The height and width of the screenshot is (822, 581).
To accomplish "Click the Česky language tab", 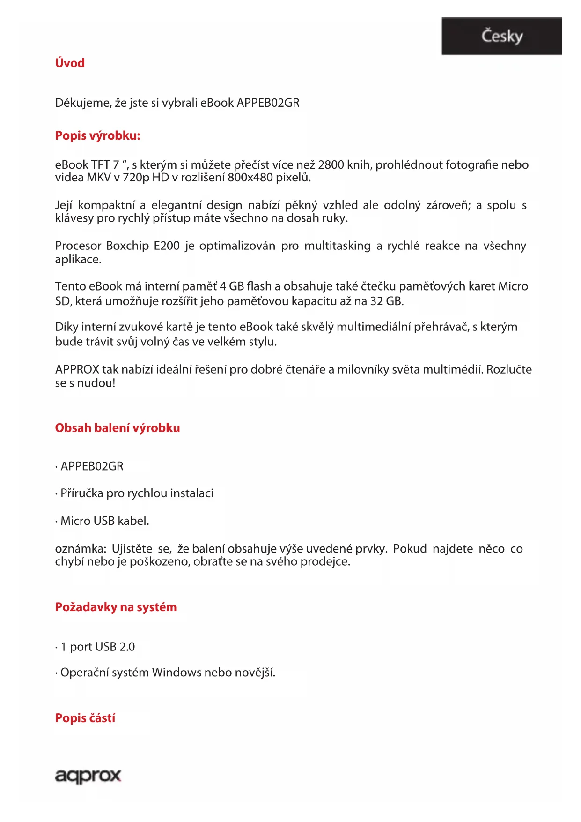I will pyautogui.click(x=501, y=37).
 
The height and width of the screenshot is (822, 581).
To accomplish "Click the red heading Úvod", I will pyautogui.click(x=70, y=63).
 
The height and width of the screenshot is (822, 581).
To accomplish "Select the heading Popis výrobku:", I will pyautogui.click(x=97, y=136).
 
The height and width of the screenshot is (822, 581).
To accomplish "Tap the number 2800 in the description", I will pyautogui.click(x=331, y=165).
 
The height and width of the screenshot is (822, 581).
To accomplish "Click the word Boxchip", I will pyautogui.click(x=127, y=246).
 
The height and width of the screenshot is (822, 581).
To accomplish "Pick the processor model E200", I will pyautogui.click(x=167, y=246).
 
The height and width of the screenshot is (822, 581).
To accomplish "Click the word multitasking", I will pyautogui.click(x=337, y=246).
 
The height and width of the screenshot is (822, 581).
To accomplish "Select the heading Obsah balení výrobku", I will pyautogui.click(x=117, y=428).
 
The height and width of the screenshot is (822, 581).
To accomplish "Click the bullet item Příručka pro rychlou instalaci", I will pyautogui.click(x=137, y=493).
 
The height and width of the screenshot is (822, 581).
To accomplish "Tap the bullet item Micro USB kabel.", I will pyautogui.click(x=104, y=521).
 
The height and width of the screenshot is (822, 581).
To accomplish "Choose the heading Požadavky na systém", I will pyautogui.click(x=116, y=607).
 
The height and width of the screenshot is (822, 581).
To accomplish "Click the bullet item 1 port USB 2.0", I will pyautogui.click(x=97, y=647).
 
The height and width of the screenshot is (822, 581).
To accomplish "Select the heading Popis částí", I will pyautogui.click(x=85, y=718).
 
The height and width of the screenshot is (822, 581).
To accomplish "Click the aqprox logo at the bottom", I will pyautogui.click(x=88, y=776).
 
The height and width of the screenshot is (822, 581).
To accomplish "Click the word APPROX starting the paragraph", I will pyautogui.click(x=77, y=370).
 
